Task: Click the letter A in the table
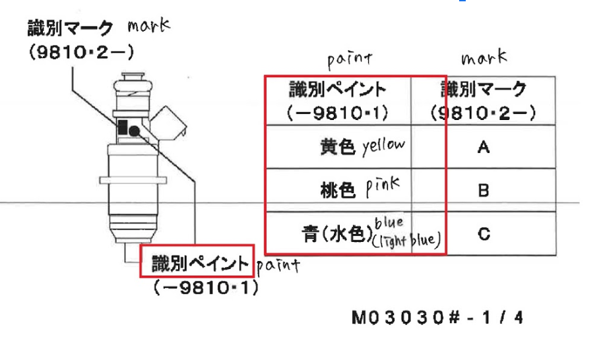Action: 484,147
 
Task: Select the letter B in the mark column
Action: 484,191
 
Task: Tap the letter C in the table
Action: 484,233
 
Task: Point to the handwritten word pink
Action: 382,187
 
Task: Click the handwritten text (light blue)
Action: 406,241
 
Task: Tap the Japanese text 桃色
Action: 338,190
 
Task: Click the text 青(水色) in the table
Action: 338,233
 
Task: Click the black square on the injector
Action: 122,127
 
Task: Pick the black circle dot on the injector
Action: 134,131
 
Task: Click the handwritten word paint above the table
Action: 350,60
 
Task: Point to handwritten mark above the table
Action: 484,57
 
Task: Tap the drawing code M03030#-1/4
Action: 437,318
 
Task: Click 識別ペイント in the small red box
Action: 200,263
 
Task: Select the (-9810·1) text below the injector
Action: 206,288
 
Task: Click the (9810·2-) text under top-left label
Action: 81,53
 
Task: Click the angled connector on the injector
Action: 168,123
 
